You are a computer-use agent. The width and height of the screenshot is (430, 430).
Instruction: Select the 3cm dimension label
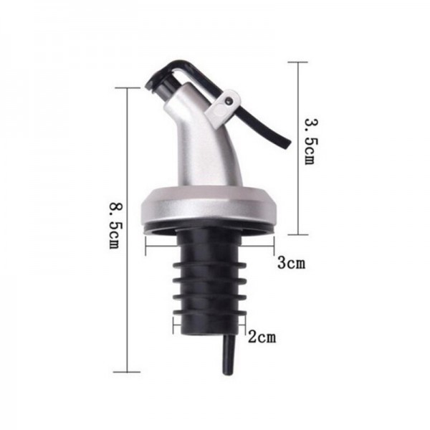pyautogui.click(x=292, y=263)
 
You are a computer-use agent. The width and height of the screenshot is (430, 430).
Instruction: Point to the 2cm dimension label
pyautogui.click(x=262, y=335)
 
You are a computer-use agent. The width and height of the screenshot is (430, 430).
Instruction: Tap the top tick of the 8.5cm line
pyautogui.click(x=128, y=87)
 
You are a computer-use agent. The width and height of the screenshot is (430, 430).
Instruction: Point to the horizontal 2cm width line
pyautogui.click(x=208, y=324)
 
